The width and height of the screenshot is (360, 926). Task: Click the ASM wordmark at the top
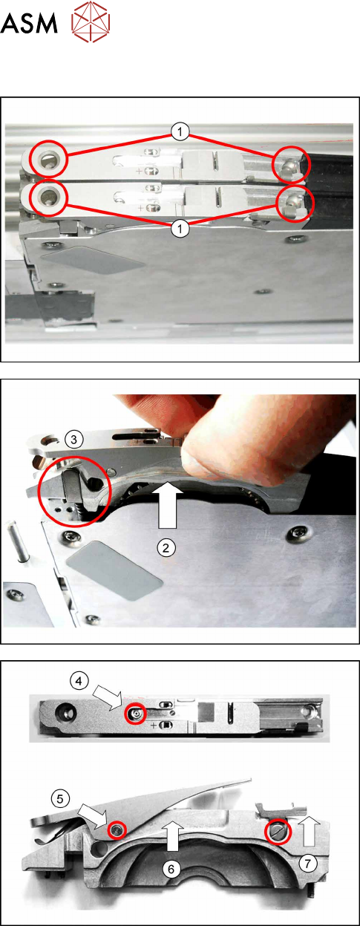tap(28, 23)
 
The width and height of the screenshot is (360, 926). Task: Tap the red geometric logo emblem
tap(91, 22)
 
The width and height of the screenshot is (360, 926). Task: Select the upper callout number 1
tap(180, 132)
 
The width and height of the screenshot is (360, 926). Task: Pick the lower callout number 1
tap(180, 229)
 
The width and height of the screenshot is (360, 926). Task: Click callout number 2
tap(166, 548)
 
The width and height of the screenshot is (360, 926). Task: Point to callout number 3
tap(73, 439)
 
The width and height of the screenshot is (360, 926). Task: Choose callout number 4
tap(79, 680)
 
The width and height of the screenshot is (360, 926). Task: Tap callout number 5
tap(60, 799)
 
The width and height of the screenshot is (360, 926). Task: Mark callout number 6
tap(171, 869)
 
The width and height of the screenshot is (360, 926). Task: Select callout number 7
tap(307, 863)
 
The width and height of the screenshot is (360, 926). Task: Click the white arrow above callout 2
tap(168, 505)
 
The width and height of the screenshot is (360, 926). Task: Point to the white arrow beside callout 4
tap(108, 698)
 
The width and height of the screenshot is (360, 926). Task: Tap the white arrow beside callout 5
tap(93, 816)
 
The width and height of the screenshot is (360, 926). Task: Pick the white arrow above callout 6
tap(173, 836)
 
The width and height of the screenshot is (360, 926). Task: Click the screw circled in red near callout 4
tap(136, 713)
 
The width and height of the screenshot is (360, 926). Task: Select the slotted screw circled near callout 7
tap(278, 830)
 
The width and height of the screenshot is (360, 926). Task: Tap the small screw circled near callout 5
tap(117, 829)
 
